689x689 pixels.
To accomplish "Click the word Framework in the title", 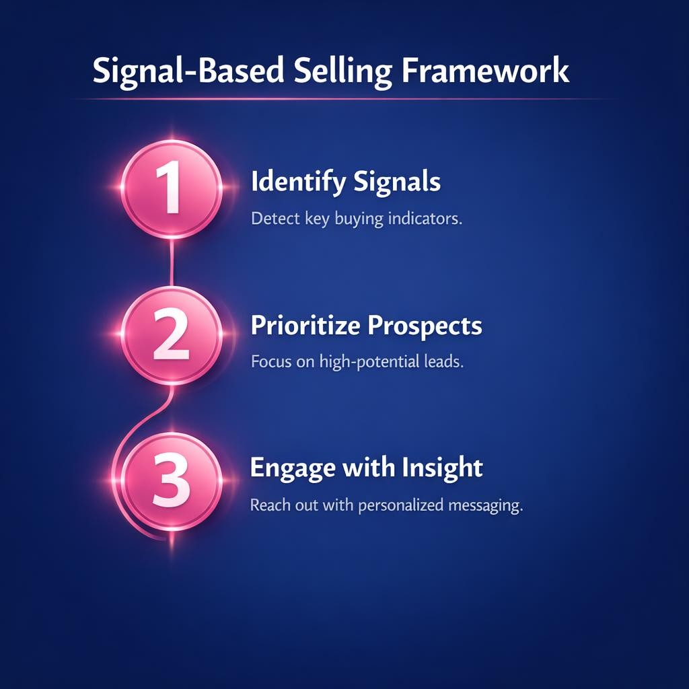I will coord(486,71).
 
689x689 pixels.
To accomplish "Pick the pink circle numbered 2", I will coord(172,334).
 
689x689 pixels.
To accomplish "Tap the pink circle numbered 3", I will coord(172,481).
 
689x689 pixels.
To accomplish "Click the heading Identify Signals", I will coord(345,182).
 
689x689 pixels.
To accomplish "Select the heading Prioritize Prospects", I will coord(366,326).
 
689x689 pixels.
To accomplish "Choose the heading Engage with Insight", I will coord(366,468).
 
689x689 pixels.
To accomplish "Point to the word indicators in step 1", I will coord(425,219).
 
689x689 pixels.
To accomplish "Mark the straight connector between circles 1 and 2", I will coord(173,262).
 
